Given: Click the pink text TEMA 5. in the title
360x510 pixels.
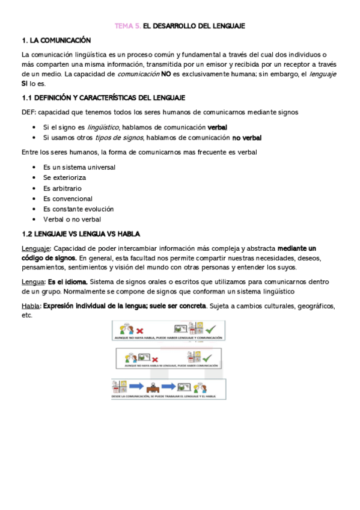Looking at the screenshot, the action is tap(129, 26).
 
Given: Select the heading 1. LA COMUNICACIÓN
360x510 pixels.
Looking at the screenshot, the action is tap(56, 40).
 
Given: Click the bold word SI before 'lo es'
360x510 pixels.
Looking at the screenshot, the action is tap(25, 84).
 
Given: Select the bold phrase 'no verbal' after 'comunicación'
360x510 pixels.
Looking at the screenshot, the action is tap(247, 138).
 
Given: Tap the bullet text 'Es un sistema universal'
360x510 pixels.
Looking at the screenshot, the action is tap(79, 167).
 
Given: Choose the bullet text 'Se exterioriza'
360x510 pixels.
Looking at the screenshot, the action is tap(64, 177).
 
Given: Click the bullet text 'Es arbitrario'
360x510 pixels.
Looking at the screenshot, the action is tap(63, 188).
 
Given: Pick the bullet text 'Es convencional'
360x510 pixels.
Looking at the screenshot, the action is tap(68, 198).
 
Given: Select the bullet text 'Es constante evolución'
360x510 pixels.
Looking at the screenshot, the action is tap(79, 209).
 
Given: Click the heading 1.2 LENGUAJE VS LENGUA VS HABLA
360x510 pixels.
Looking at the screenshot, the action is tap(81, 234).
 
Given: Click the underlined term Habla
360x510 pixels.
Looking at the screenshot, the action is tap(30, 306).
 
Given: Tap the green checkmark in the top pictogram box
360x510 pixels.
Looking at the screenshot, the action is tap(210, 330).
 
